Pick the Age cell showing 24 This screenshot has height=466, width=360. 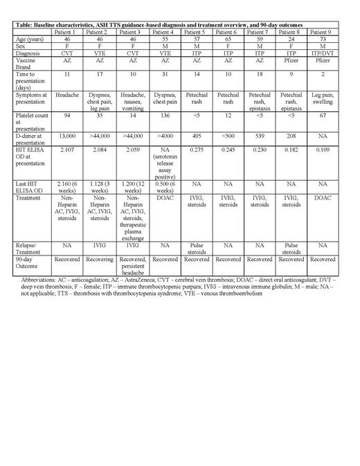tap(289, 41)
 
